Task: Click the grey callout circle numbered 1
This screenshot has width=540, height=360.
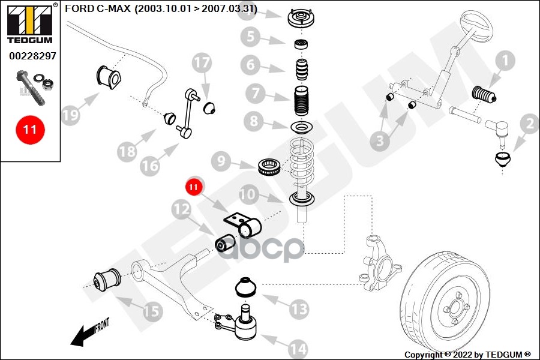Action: (505, 61)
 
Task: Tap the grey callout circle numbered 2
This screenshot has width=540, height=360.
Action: (529, 125)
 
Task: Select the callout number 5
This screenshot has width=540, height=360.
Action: (251, 38)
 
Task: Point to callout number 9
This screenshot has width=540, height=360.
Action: (221, 161)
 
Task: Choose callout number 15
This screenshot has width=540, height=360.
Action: (152, 311)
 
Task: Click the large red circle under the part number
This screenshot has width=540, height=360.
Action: (30, 129)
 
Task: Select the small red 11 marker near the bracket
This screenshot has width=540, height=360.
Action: (193, 187)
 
